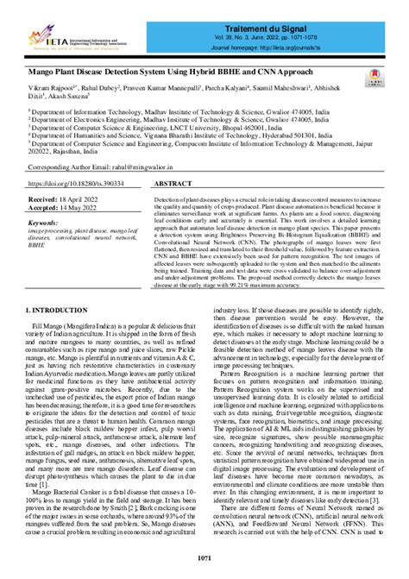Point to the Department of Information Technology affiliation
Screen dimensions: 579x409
point(163,111)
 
